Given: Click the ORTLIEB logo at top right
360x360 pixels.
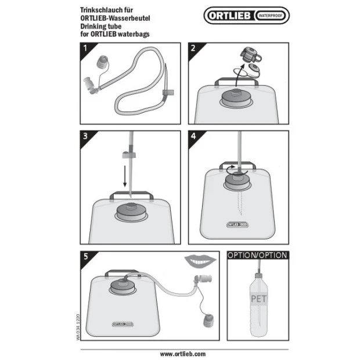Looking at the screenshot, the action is (247, 15).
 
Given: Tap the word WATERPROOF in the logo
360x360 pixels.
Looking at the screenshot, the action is (271, 16).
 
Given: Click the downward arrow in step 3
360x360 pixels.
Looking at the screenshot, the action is (125, 176).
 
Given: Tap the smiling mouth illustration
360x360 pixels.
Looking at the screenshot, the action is (200, 262).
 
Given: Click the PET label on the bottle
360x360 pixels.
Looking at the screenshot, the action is (259, 298).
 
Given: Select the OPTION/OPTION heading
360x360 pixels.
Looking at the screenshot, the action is (257, 255).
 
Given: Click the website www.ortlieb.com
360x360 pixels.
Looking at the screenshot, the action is (183, 354).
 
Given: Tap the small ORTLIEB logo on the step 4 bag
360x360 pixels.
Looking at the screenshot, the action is (237, 225).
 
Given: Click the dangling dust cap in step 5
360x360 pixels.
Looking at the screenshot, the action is (208, 321).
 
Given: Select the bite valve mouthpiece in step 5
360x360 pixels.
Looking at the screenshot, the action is (203, 279).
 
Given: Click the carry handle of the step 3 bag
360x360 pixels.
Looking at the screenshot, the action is (132, 195).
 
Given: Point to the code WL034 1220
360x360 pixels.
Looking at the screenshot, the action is (78, 327).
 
